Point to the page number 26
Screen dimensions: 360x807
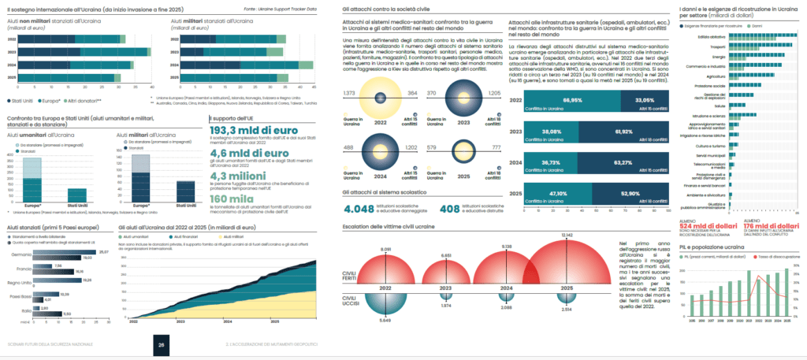[161, 344]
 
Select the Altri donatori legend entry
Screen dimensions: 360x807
[93, 102]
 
